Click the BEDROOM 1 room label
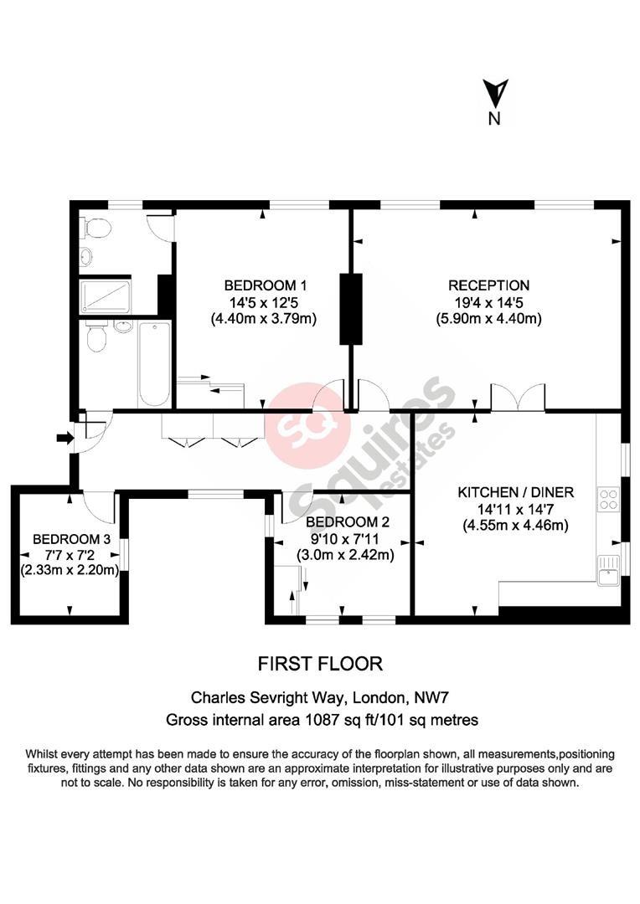click(x=265, y=285)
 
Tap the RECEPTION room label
click(x=489, y=285)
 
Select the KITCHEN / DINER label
click(x=516, y=492)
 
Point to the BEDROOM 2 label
click(x=348, y=521)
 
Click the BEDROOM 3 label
click(x=71, y=539)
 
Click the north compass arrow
click(x=495, y=92)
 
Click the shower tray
click(x=106, y=297)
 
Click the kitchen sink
click(x=607, y=570)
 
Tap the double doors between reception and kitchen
click(x=518, y=397)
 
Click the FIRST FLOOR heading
click(x=320, y=664)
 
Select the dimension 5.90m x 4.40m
click(x=489, y=318)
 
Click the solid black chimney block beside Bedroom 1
click(x=350, y=308)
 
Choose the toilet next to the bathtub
click(x=95, y=337)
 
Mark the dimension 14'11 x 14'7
click(x=516, y=509)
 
